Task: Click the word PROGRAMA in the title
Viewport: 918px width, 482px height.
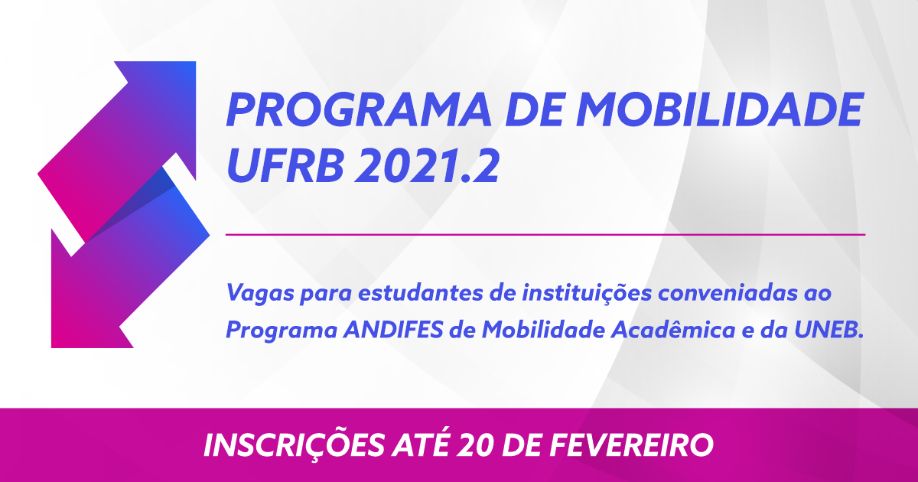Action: (x=359, y=109)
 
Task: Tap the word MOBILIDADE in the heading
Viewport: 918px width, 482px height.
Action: (x=720, y=109)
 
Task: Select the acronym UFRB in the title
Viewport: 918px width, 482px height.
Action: (x=285, y=165)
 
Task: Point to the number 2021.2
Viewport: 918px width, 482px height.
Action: (x=427, y=165)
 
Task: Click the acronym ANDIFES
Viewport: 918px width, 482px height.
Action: (x=393, y=330)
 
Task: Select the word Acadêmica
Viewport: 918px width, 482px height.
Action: (x=673, y=329)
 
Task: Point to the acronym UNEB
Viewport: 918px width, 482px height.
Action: (x=828, y=330)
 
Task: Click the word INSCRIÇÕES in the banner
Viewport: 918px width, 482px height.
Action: (x=295, y=445)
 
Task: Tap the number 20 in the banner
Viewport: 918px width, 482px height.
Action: (x=476, y=445)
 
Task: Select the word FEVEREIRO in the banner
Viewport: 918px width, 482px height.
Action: (x=632, y=445)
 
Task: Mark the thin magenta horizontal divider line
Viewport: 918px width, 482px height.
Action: (x=545, y=235)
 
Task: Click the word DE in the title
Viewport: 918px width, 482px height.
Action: (x=534, y=109)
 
